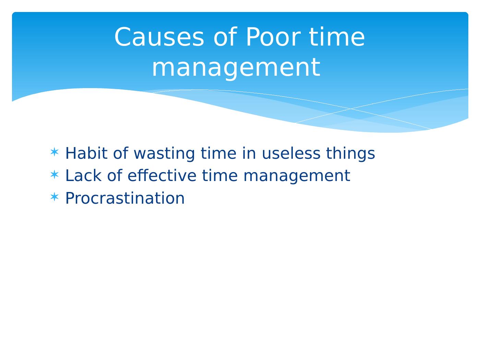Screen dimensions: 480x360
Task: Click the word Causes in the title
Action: click(159, 36)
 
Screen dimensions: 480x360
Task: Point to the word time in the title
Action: click(337, 36)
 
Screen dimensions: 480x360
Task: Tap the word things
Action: click(350, 154)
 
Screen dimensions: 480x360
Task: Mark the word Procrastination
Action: click(125, 198)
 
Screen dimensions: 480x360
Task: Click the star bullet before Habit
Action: click(55, 152)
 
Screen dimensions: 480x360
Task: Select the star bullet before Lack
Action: click(55, 175)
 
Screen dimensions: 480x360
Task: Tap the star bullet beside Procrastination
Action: click(55, 197)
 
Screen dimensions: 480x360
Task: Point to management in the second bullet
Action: click(297, 176)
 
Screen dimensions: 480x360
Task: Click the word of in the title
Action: click(225, 36)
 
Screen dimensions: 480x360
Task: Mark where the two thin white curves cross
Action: click(351, 109)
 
